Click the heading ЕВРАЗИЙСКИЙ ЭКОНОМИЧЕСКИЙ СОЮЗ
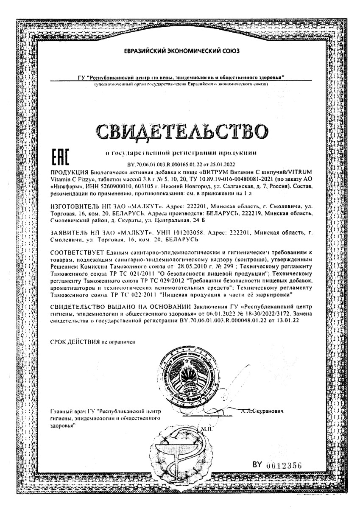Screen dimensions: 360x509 tap(181, 51)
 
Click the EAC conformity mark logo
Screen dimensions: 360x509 tap(59, 157)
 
